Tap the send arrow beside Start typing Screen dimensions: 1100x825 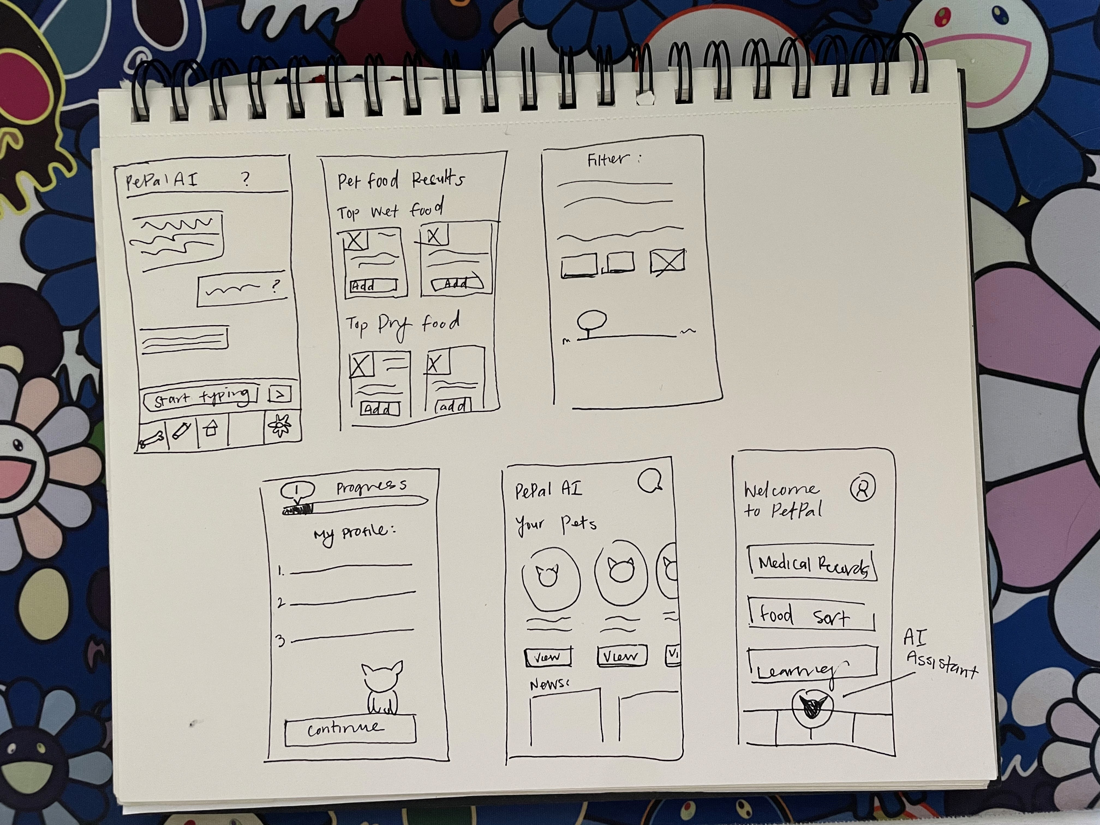279,394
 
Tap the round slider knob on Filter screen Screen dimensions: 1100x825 592,320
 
